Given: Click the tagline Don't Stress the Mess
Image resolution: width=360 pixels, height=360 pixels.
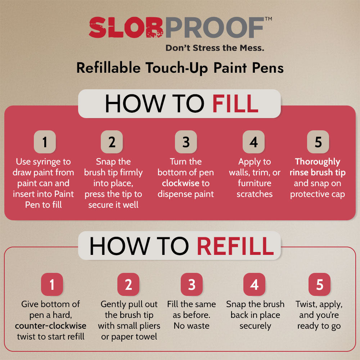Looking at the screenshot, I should click(x=215, y=48).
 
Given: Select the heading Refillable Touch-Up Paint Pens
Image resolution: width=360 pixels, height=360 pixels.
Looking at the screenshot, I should click(x=180, y=68).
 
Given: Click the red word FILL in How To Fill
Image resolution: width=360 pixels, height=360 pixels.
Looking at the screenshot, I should click(x=235, y=104).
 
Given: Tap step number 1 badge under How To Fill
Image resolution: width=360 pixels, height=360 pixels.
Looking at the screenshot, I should click(x=45, y=142).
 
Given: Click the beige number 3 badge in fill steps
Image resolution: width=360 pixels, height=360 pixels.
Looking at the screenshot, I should click(x=186, y=142).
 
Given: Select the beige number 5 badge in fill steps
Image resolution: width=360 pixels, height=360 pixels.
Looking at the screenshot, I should click(x=318, y=142).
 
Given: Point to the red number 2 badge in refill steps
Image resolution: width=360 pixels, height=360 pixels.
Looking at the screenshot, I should click(x=129, y=284).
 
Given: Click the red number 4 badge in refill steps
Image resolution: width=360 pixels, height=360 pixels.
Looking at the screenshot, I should click(x=254, y=284).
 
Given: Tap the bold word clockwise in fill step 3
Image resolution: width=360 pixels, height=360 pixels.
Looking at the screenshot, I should click(x=180, y=183).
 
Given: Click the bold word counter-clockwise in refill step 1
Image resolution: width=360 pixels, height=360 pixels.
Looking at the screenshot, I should click(x=51, y=326).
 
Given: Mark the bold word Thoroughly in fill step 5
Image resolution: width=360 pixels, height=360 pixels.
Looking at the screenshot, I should click(x=318, y=162).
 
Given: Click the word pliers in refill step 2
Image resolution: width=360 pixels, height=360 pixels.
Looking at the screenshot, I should click(x=149, y=326).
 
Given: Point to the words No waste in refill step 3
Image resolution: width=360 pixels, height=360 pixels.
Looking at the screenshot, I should click(x=191, y=326).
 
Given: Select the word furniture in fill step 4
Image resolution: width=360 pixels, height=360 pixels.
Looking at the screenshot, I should click(x=255, y=183).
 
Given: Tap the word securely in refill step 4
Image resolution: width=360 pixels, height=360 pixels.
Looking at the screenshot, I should click(x=255, y=326).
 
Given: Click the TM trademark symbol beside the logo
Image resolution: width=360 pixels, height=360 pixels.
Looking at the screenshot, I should click(x=268, y=19).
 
